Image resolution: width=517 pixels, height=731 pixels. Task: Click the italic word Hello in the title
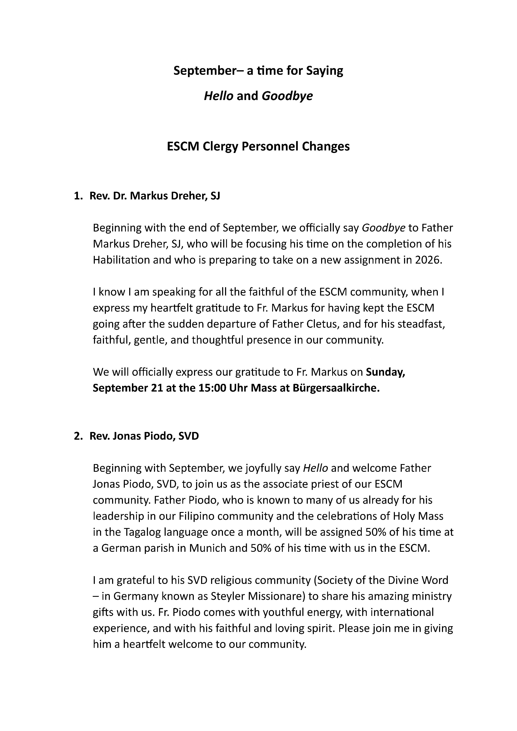[x=218, y=95]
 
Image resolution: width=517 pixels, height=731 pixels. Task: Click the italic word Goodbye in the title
[x=287, y=95]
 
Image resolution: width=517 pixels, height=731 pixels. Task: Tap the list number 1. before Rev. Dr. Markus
[x=78, y=196]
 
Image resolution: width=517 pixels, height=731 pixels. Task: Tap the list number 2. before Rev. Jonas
[x=78, y=436]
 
